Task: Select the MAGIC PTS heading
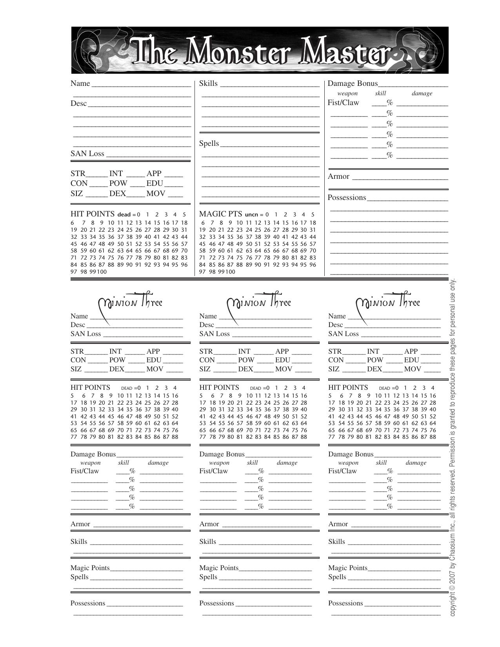[x=220, y=214]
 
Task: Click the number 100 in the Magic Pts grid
[x=230, y=272]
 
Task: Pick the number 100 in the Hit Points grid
[x=102, y=272]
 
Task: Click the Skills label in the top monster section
[x=208, y=84]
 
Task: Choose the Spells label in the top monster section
[x=209, y=144]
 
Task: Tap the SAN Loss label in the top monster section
[x=87, y=154]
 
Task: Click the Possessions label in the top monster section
[x=347, y=198]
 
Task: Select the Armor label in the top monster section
[x=338, y=176]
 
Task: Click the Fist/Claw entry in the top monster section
[x=343, y=103]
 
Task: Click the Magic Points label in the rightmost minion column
[x=348, y=568]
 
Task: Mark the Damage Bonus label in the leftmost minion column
[x=93, y=454]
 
